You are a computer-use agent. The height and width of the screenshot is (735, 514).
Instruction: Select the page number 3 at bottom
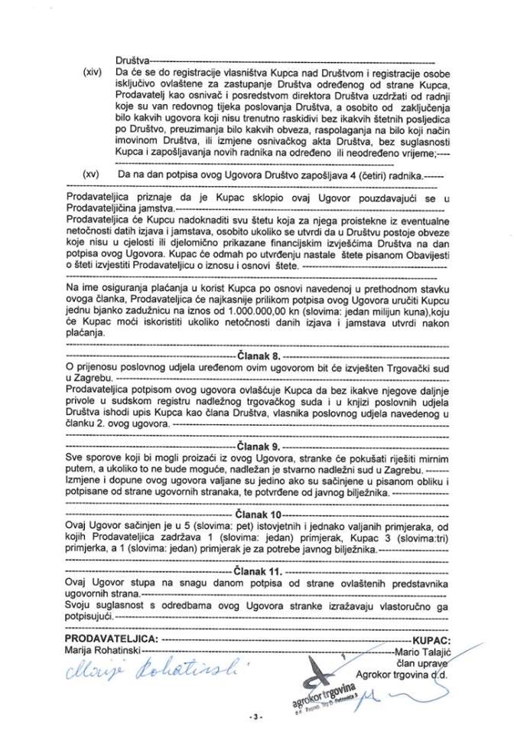click(x=256, y=717)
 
